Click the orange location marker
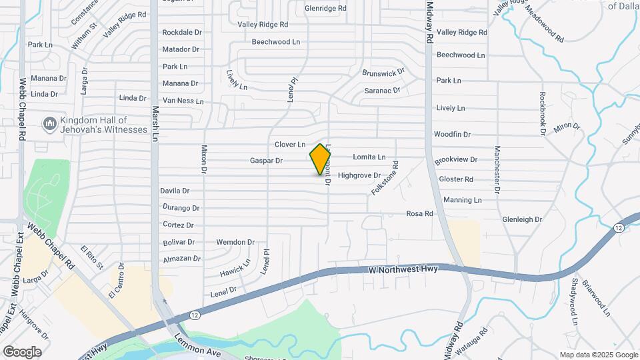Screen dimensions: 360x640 click(x=321, y=159)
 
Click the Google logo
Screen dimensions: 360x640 click(x=22, y=351)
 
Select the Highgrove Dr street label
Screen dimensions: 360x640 click(x=359, y=175)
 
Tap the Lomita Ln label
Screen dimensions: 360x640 click(x=369, y=157)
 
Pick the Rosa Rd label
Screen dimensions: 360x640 click(x=420, y=213)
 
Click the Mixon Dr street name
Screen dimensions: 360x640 click(x=204, y=164)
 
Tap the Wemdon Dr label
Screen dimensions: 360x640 click(x=235, y=242)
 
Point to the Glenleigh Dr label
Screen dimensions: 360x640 click(x=522, y=219)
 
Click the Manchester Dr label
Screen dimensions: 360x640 click(x=497, y=169)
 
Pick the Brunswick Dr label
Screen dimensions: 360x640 click(x=383, y=72)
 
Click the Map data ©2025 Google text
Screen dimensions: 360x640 click(x=599, y=355)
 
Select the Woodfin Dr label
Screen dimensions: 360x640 click(x=452, y=134)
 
